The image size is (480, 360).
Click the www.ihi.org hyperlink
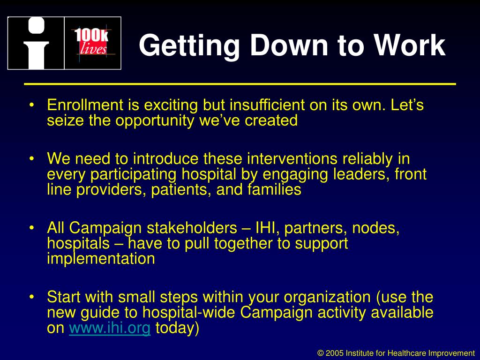click(x=110, y=329)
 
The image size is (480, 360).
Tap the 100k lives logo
click(x=92, y=43)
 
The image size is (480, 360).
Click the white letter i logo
click(x=36, y=43)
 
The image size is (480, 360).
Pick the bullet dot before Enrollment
click(x=31, y=105)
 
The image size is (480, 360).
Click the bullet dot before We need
click(x=31, y=159)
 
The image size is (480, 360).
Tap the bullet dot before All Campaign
click(x=31, y=228)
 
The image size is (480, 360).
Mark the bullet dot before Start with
click(x=31, y=298)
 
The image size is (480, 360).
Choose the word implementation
click(x=101, y=258)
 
